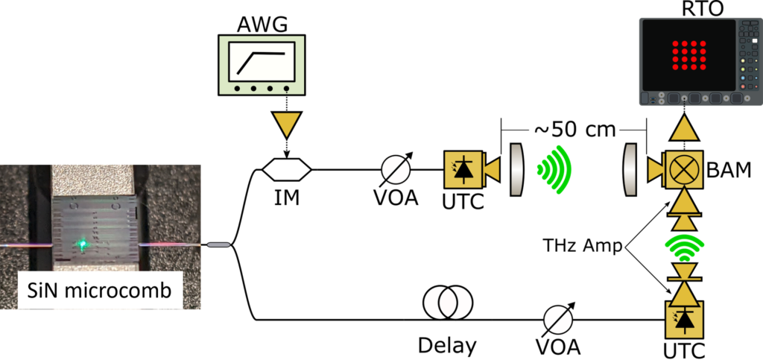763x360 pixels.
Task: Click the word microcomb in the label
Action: point(124,289)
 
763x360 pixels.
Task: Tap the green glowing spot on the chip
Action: point(83,244)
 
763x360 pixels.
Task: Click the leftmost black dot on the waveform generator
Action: point(237,89)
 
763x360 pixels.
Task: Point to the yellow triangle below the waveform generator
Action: point(286,124)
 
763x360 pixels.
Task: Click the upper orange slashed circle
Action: point(396,170)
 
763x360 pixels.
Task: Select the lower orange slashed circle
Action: point(557,319)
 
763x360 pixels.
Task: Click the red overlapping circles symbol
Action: point(448,303)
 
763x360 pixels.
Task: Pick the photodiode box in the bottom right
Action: point(683,320)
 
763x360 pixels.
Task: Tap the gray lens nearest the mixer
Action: point(630,170)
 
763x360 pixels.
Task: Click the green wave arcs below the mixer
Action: point(684,247)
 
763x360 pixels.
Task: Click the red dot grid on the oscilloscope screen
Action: point(688,55)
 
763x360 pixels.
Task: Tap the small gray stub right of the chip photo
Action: point(218,244)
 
